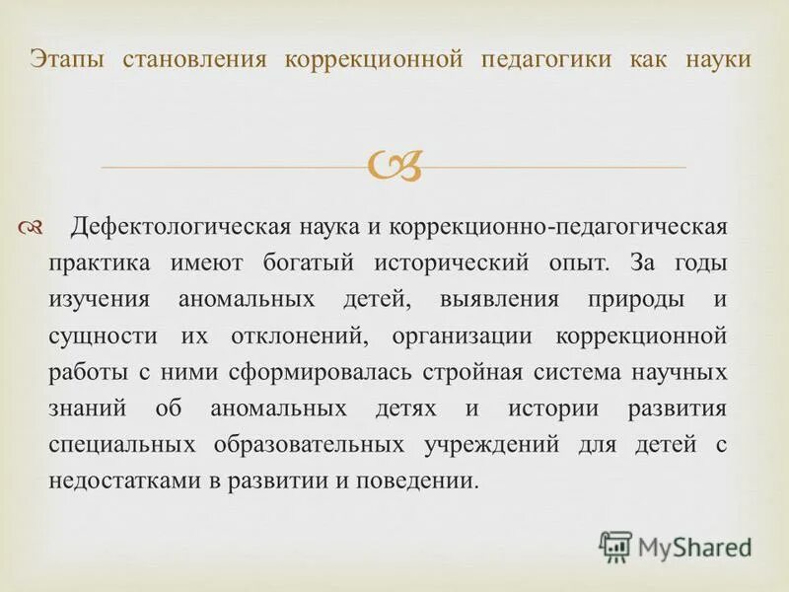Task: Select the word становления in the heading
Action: pyautogui.click(x=194, y=60)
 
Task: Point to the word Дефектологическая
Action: pyautogui.click(x=179, y=228)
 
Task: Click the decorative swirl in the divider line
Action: pyautogui.click(x=394, y=167)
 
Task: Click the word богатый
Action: pyautogui.click(x=302, y=263)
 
